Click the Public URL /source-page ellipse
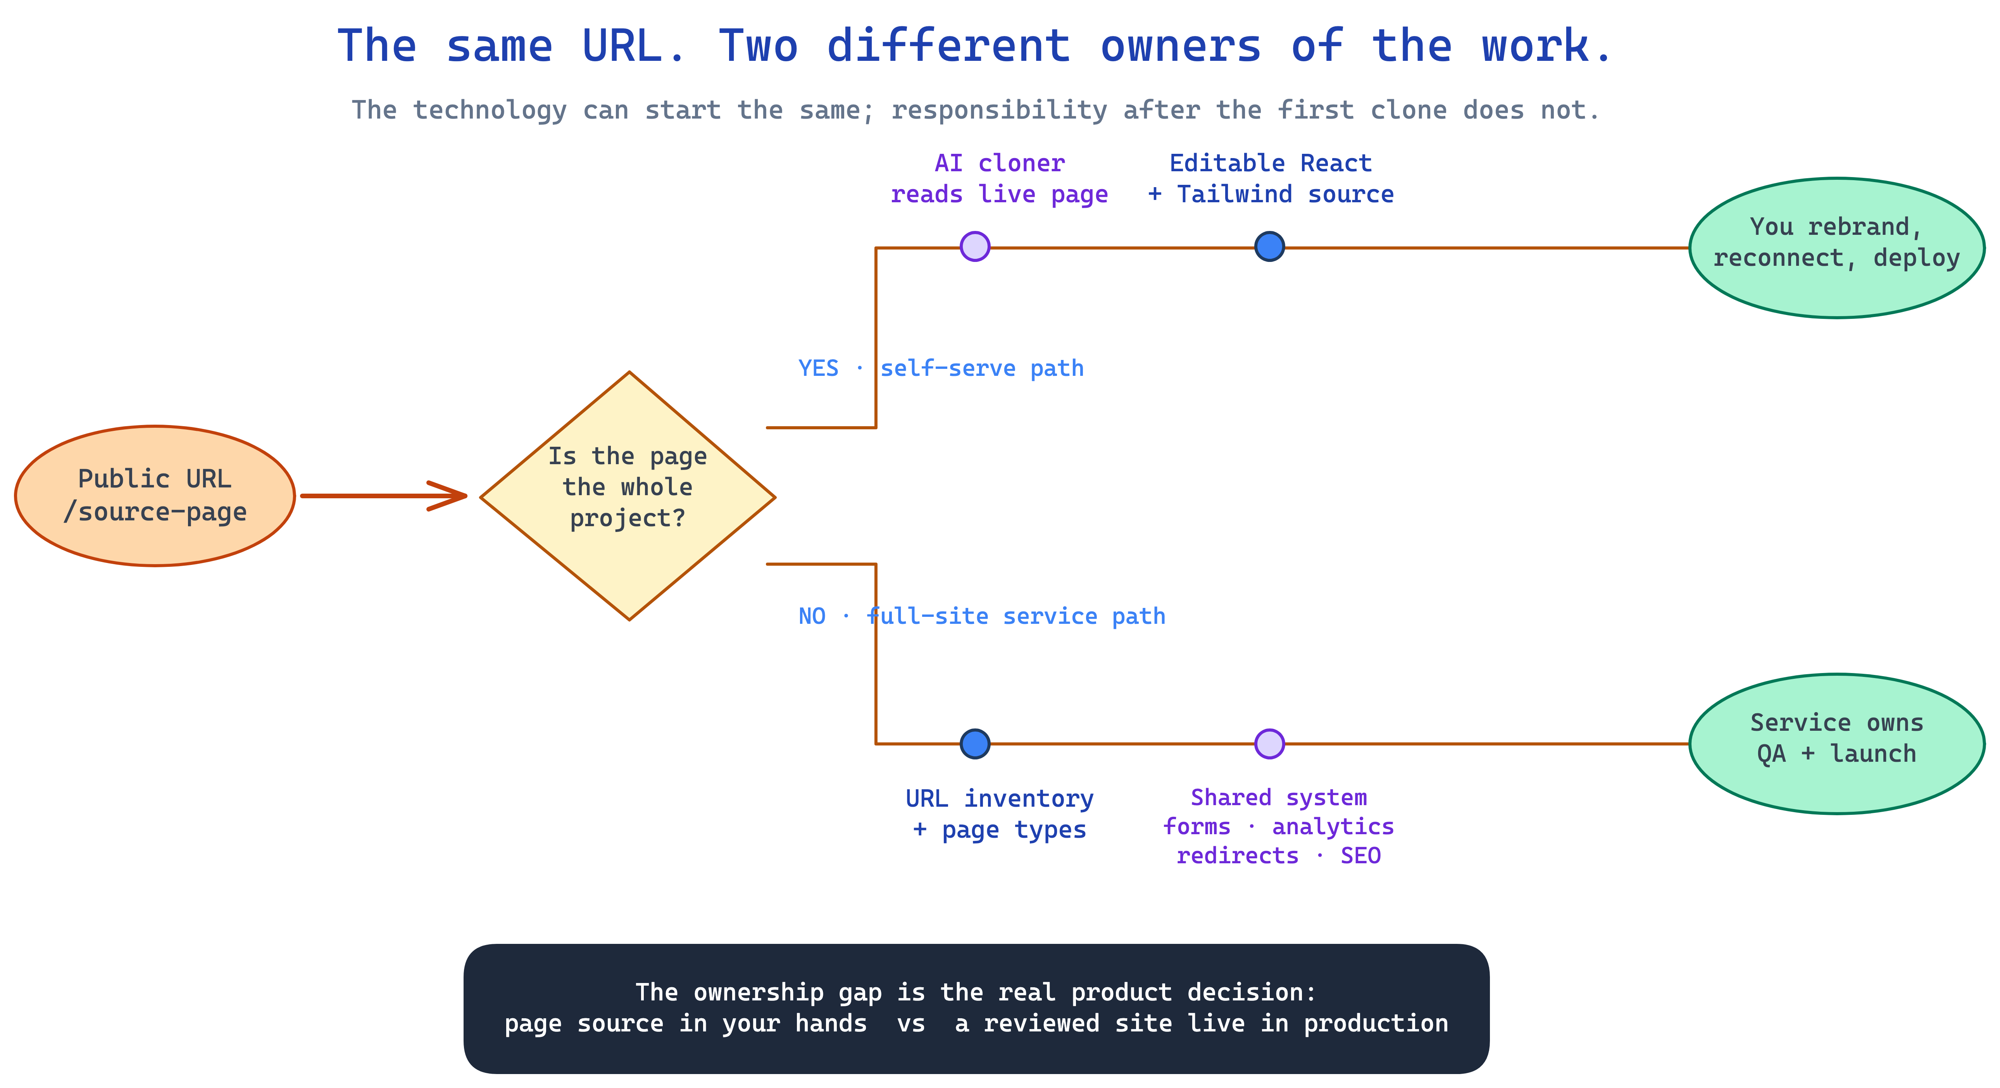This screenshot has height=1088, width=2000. tap(155, 496)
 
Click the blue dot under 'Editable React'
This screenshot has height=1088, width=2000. tap(1269, 247)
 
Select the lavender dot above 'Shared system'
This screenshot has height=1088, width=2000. tap(1269, 744)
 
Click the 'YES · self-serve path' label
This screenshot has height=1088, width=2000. tap(941, 368)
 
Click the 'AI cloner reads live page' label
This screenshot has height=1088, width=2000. tap(999, 179)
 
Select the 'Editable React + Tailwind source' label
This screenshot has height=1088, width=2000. tap(1271, 179)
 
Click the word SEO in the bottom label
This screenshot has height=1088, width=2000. tap(1360, 856)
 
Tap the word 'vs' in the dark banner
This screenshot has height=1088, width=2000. tap(911, 1024)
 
